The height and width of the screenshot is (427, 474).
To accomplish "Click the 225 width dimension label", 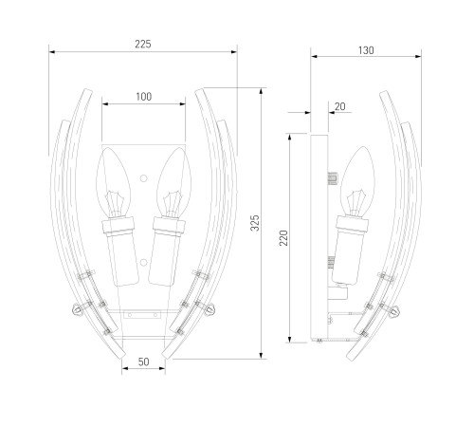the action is click(143, 44).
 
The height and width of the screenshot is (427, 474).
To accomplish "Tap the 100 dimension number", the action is click(144, 97).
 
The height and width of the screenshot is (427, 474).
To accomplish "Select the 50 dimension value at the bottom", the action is click(144, 362).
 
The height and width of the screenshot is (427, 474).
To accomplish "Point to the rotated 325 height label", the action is click(255, 223).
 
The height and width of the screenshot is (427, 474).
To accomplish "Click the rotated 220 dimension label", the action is click(283, 238).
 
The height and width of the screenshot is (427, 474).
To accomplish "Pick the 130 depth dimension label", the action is click(366, 50).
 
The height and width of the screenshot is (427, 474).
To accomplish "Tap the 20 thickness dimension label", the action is click(339, 106).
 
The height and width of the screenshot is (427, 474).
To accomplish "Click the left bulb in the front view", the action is click(114, 182).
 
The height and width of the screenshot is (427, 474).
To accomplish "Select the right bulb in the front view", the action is click(173, 182).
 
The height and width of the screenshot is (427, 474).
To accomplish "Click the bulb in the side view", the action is click(357, 181).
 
